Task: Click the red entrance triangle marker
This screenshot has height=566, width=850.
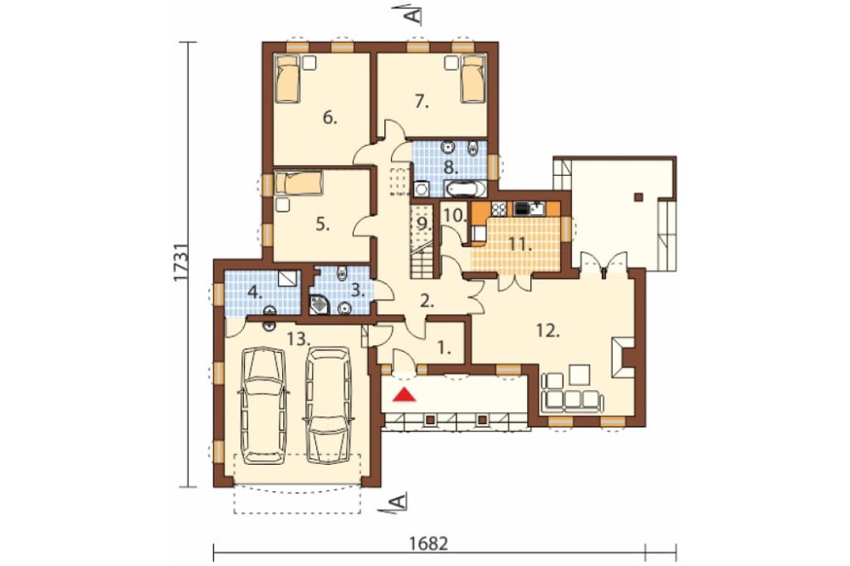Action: [x=404, y=394]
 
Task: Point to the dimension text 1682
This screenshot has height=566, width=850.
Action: [x=428, y=543]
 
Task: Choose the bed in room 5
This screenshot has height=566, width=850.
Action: [x=299, y=184]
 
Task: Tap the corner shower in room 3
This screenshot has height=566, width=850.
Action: [x=320, y=305]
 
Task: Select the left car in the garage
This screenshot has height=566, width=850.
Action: [x=263, y=406]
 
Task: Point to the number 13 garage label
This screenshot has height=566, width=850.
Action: [x=298, y=339]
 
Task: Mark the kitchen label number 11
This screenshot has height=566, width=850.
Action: [x=520, y=245]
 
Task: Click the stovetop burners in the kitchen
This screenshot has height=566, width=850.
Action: [x=498, y=208]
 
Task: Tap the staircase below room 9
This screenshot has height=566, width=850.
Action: [x=422, y=264]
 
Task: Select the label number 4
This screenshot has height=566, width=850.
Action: [x=253, y=293]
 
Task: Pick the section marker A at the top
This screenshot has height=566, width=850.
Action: [x=414, y=14]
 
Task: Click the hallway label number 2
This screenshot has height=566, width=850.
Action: [x=428, y=302]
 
